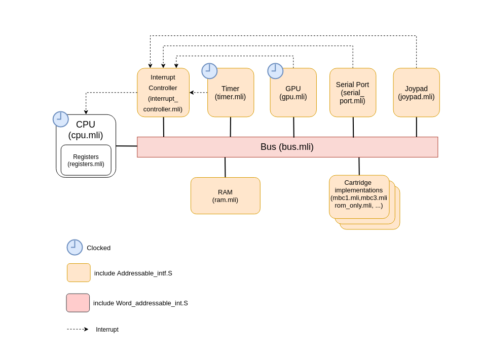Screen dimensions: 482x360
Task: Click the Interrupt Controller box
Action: pos(163,93)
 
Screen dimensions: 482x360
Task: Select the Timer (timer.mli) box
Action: pos(231,93)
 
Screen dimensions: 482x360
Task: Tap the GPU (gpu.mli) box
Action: pos(293,93)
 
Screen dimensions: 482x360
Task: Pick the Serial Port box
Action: pos(353,93)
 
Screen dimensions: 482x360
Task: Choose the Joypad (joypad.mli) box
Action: pos(416,93)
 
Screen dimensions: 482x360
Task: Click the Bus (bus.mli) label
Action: pos(287,147)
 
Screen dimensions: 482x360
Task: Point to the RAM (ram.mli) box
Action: pos(226,195)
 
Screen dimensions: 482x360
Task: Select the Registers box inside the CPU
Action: pos(86,160)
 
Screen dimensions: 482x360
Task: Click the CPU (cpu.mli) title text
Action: pos(86,130)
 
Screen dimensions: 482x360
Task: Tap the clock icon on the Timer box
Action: pos(209,71)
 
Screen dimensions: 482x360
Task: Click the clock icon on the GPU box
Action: pos(275,71)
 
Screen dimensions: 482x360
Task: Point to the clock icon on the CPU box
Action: pos(60,119)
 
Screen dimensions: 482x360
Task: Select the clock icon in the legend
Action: pos(75,247)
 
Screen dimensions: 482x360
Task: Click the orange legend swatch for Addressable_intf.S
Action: pos(79,272)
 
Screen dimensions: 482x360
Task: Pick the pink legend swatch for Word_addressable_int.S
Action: pos(78,303)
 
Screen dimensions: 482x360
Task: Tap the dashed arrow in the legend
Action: pos(78,329)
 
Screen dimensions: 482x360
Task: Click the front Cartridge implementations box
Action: pos(359,197)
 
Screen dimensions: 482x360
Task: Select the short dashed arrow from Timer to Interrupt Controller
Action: pos(199,93)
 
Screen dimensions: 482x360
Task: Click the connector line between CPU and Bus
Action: pos(127,146)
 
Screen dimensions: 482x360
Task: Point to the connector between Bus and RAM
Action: pos(225,168)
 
